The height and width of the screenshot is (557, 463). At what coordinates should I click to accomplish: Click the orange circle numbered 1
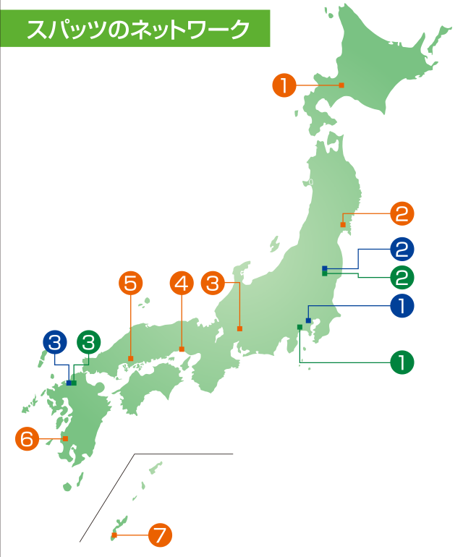coord(284,85)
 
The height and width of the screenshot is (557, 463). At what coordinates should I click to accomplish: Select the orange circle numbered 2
coord(402,214)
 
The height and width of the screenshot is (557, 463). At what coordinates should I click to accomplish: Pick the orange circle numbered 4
coord(182,283)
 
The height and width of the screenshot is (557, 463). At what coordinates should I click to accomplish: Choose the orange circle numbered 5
coord(130,283)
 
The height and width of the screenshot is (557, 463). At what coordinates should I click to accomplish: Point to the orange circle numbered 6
coord(27,438)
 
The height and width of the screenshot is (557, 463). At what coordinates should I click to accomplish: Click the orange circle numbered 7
coord(160,535)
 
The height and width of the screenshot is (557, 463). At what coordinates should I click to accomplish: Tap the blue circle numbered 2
coord(402,250)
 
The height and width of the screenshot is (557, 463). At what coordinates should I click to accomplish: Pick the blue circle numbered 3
coord(54,341)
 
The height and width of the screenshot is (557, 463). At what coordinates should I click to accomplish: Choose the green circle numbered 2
coord(402,276)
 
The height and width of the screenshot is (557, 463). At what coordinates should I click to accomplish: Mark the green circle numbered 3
coord(88,341)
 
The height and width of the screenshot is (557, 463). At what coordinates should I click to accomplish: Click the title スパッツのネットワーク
coord(138,28)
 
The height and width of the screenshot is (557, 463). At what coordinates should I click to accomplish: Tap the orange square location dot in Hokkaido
coord(341,85)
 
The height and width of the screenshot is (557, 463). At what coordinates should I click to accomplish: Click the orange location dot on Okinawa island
coord(114,535)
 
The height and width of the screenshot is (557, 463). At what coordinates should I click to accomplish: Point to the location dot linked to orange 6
coord(65,438)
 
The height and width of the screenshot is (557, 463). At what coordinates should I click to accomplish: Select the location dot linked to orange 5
coord(130,358)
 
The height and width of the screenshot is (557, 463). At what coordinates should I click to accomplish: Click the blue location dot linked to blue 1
coord(308,320)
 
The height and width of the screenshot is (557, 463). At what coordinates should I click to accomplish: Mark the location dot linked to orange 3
coord(239,330)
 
